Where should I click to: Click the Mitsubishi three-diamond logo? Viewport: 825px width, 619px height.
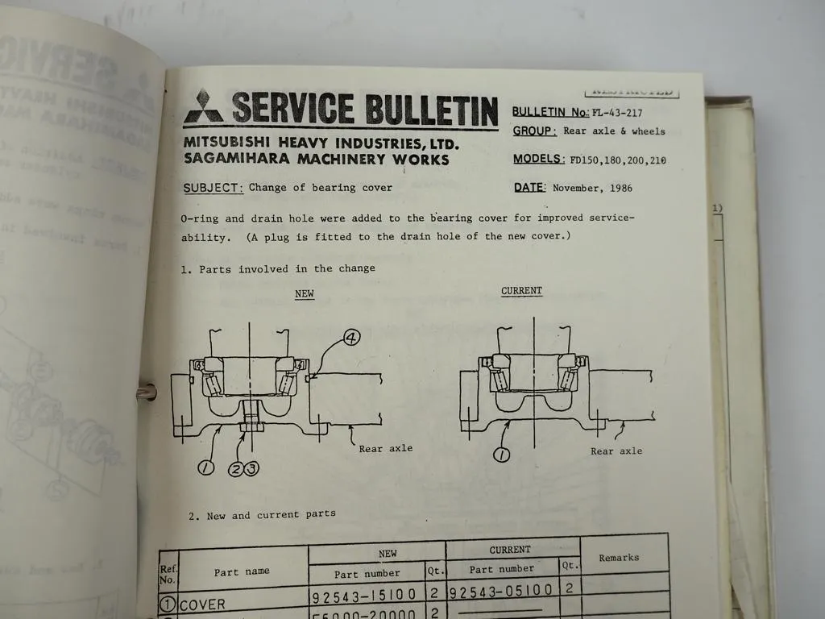203,109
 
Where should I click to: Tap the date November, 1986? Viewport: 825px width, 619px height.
592,188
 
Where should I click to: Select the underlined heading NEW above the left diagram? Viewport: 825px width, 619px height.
305,294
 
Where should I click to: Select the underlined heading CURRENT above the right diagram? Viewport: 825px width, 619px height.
522,291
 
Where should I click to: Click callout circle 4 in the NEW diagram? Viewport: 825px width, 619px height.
351,339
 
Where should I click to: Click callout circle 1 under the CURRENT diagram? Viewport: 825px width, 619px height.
501,455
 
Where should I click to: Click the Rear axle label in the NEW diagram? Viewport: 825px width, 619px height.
385,448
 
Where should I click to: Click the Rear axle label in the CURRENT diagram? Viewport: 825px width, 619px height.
616,451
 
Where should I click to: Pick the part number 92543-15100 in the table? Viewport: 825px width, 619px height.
363,595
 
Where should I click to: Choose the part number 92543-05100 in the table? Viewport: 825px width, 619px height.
500,592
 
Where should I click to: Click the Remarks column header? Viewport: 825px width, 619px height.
619,557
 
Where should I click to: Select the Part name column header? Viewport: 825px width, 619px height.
242,571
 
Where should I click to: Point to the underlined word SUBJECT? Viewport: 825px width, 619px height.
213,188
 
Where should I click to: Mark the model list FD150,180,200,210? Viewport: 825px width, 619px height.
618,160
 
